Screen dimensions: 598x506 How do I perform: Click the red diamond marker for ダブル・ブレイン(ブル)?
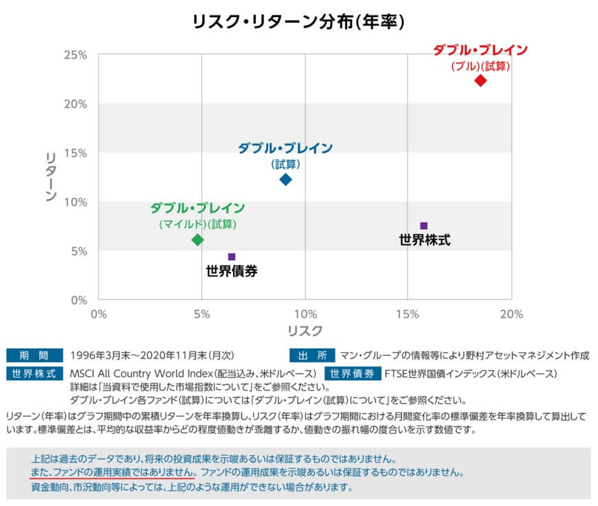480,81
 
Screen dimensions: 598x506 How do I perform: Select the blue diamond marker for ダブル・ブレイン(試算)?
285,179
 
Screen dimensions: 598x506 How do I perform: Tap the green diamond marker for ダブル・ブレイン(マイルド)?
197,240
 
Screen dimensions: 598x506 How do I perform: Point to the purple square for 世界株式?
423,226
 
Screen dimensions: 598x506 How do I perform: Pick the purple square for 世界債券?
232,256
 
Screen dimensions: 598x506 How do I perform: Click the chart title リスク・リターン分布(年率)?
298,22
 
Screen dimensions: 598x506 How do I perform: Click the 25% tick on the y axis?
76,55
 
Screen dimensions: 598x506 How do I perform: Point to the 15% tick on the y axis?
76,153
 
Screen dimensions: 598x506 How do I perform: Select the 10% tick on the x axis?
305,314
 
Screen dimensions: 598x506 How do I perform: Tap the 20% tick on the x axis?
511,314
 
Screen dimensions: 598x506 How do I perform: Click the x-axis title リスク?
305,331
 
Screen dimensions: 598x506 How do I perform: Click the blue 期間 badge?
34,356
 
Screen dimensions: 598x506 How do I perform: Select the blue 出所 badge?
312,356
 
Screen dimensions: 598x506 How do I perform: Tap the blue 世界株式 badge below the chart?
34,373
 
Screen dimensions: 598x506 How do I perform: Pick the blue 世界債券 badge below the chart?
353,373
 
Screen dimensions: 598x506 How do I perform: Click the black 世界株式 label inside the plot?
425,240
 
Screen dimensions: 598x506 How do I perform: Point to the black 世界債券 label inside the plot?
232,271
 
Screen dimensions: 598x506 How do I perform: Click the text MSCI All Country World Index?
141,373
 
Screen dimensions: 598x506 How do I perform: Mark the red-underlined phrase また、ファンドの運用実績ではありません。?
113,472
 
